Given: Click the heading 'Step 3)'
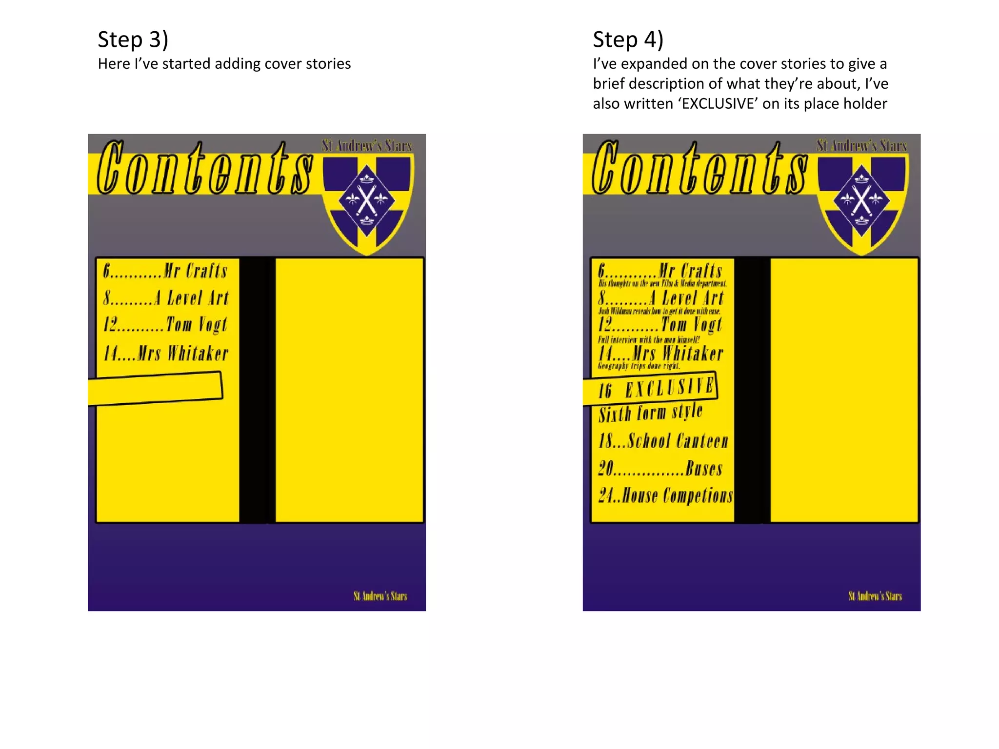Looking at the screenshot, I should (133, 39).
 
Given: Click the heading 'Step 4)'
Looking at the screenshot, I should (628, 39).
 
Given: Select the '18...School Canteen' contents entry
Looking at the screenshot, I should (663, 441).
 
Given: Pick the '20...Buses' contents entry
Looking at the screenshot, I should (660, 468).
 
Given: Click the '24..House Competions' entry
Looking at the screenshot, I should (665, 495).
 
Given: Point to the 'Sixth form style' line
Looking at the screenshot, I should (651, 413).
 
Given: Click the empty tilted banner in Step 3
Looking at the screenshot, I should (155, 389).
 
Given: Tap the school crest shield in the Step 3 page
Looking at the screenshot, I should (367, 202).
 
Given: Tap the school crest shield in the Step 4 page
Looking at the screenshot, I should (862, 202).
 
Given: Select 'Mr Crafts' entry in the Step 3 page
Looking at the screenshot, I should (165, 271).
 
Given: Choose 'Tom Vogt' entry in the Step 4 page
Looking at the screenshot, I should (660, 324).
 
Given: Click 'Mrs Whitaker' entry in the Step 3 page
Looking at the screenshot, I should (166, 353).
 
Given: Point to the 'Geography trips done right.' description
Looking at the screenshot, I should (639, 366).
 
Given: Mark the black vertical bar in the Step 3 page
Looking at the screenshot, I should (257, 390).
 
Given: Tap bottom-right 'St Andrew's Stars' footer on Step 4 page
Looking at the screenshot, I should (875, 596).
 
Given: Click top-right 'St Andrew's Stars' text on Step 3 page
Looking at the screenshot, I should (367, 146).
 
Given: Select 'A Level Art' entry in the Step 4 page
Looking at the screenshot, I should (661, 298).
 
